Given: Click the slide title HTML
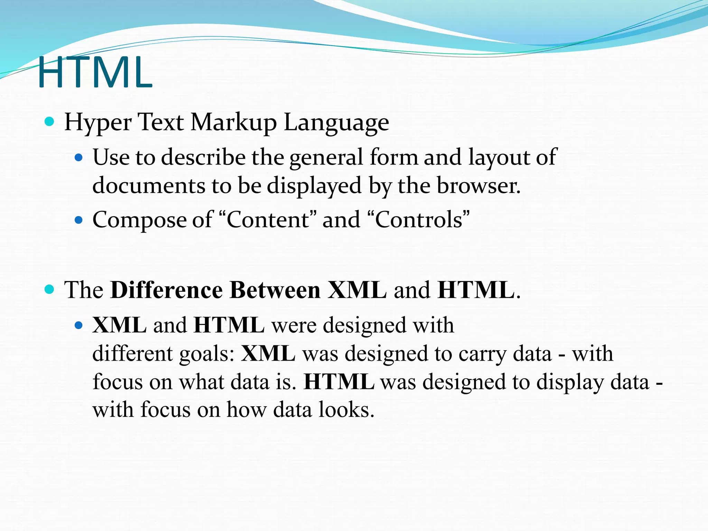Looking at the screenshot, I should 95,73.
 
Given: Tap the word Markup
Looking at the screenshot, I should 234,122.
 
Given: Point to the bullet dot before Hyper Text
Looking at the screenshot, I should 50,121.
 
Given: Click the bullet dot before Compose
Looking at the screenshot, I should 79,220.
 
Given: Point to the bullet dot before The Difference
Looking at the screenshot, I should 50,289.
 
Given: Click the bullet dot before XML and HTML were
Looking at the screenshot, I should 79,325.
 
